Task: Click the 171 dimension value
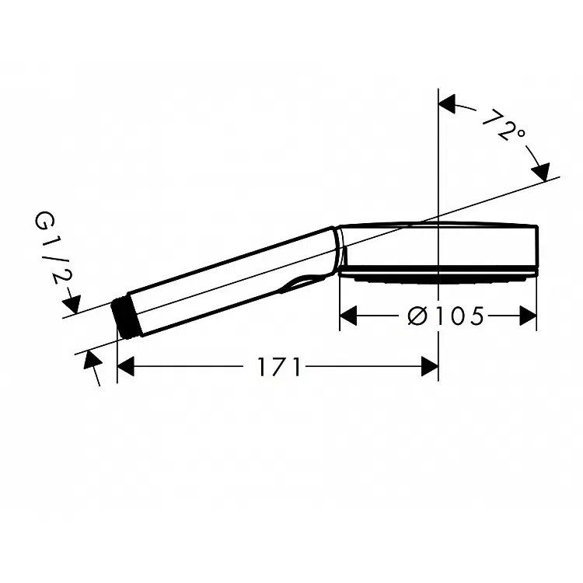point(278,367)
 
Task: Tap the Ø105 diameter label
point(446,316)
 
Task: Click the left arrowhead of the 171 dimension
point(125,366)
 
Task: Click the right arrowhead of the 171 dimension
point(430,366)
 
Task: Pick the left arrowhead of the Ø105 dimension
point(348,316)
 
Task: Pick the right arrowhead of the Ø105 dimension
point(528,316)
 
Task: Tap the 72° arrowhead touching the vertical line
point(447,103)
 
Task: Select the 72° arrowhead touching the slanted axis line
point(541,172)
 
